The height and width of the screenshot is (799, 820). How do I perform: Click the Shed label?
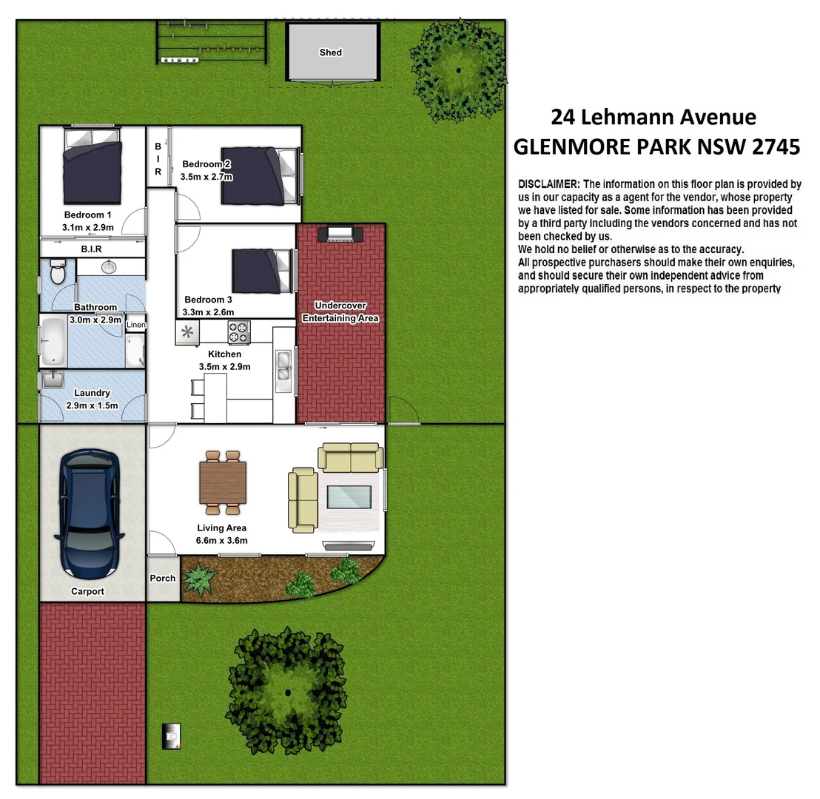(x=331, y=53)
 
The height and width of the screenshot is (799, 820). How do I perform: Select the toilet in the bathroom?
(x=56, y=272)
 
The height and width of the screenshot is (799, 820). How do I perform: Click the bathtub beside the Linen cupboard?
(x=53, y=341)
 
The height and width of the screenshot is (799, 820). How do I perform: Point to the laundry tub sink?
(x=52, y=380)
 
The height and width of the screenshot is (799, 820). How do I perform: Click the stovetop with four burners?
(x=238, y=332)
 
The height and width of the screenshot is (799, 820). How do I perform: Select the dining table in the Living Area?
(x=222, y=482)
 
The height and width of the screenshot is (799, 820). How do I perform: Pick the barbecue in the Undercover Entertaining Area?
(x=340, y=234)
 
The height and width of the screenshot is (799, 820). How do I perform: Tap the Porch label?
(x=163, y=578)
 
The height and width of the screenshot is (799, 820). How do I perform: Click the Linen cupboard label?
(x=136, y=325)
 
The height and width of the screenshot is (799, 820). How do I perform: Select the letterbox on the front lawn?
(x=172, y=736)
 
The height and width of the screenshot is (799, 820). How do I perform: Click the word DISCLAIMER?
(x=550, y=183)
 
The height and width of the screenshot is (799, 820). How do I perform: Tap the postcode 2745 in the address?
(x=775, y=146)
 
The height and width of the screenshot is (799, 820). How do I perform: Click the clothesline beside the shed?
(x=211, y=42)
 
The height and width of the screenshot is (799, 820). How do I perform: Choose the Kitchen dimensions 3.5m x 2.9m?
(x=224, y=367)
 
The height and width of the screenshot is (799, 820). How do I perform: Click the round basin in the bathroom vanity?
(x=109, y=266)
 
